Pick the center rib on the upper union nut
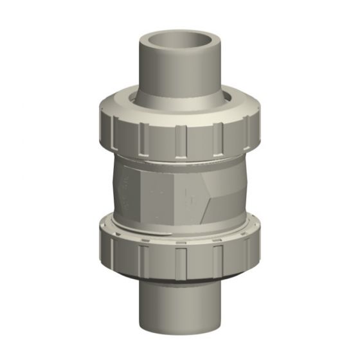coord(181,139)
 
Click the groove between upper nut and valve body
coord(180,159)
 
